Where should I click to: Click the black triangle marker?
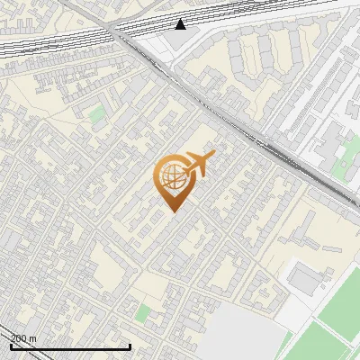[x=181, y=23]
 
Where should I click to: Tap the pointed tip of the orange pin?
[x=171, y=211]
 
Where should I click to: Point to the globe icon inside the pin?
[x=170, y=177]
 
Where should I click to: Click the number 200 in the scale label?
[x=19, y=338]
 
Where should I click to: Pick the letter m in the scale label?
[x=33, y=338]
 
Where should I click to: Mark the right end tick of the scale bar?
[x=130, y=346]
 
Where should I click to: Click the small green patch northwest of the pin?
[x=96, y=115]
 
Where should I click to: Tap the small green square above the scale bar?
[x=143, y=313]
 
